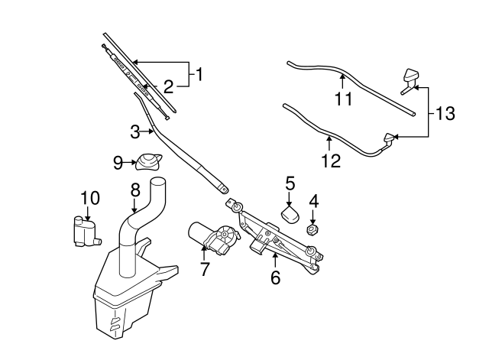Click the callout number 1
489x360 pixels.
coord(199,75)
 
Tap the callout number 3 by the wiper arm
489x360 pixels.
coord(134,132)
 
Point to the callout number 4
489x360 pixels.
coord(313,202)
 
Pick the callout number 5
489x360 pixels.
coord(290,183)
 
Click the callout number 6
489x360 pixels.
coord(275,277)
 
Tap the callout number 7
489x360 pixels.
coord(204,269)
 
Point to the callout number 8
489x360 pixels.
coord(134,189)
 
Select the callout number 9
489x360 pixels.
coord(118,161)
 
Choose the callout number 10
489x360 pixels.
coord(89,198)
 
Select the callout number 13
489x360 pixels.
coord(445,114)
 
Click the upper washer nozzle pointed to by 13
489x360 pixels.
coord(411,77)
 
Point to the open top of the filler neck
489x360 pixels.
coord(157,182)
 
